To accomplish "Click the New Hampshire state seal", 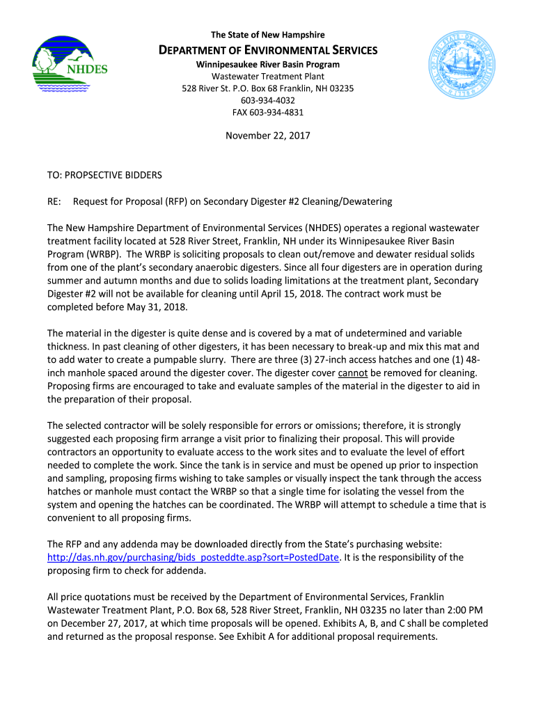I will pos(462,66).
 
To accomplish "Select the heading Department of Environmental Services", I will pos(268,50).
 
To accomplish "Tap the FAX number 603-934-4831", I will pos(268,112).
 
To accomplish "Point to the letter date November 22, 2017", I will pos(268,136).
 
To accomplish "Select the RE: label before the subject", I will pos(55,201).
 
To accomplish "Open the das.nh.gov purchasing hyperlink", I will pos(193,558).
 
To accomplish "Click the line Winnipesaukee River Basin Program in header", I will pos(268,65).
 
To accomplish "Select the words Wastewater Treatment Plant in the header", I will pos(268,77).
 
